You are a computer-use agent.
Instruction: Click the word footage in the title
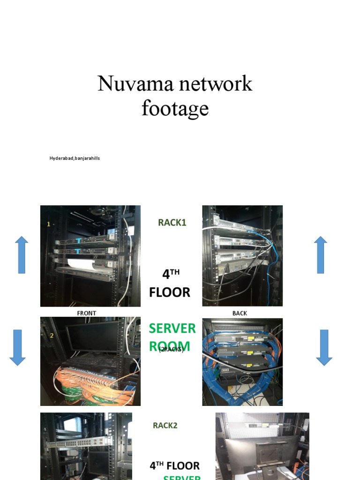click(x=175, y=108)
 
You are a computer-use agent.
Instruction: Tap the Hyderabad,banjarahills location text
click(x=75, y=158)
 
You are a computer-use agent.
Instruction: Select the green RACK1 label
click(x=172, y=223)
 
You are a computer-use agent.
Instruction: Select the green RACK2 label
click(x=165, y=426)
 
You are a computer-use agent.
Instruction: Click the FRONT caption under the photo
click(x=87, y=313)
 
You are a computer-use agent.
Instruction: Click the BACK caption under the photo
click(x=240, y=313)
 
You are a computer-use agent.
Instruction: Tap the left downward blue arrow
click(x=17, y=347)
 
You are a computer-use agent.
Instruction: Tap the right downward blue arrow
click(x=324, y=347)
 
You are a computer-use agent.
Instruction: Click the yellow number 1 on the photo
click(x=48, y=225)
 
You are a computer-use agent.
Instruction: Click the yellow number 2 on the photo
click(x=52, y=336)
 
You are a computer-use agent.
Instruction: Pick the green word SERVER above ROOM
click(x=172, y=329)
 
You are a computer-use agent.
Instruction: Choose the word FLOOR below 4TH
click(x=170, y=292)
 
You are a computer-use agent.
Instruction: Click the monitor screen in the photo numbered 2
click(x=93, y=336)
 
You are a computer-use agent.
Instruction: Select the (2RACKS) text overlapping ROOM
click(x=171, y=350)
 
